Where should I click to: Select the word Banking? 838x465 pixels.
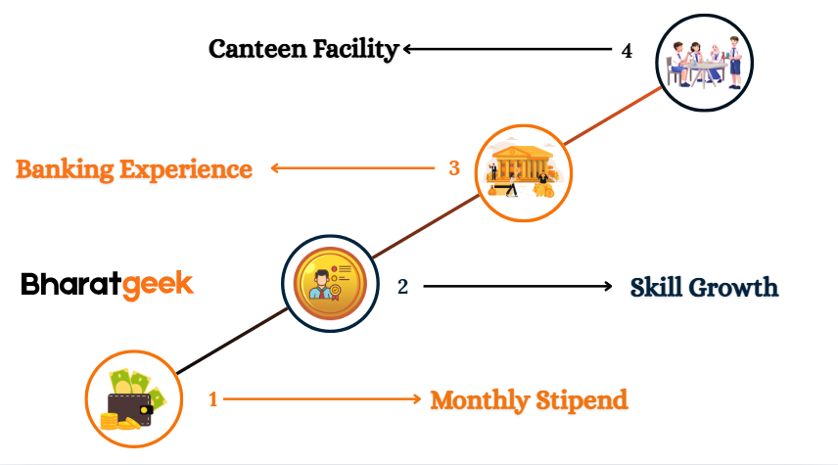point(65,169)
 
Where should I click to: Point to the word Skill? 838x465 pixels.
point(656,288)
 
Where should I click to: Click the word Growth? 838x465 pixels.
point(733,288)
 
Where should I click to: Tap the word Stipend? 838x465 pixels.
point(582,399)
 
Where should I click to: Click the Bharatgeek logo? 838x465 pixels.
point(108,285)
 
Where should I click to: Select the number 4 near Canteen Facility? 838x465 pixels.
point(627,50)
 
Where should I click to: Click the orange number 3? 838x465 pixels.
point(454,168)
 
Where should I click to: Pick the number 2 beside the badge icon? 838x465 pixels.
point(402,287)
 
